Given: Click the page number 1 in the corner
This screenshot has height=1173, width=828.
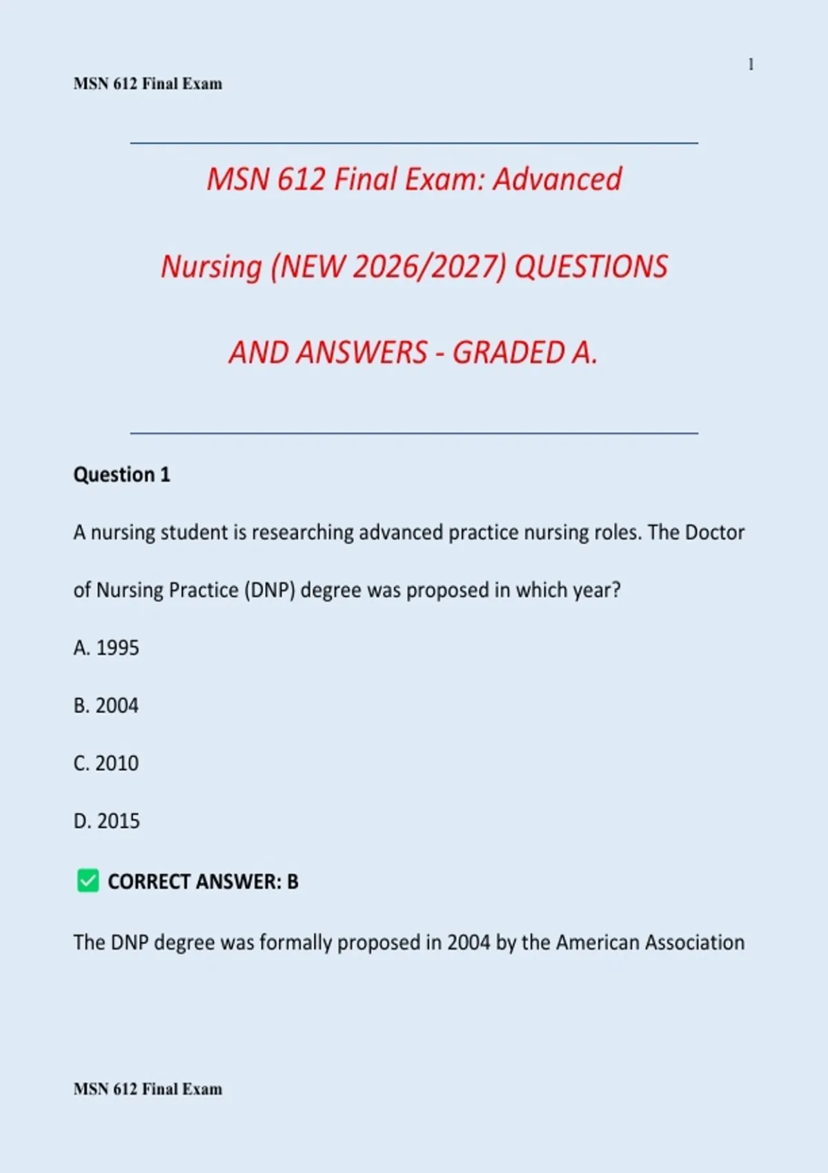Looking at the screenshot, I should pyautogui.click(x=751, y=65).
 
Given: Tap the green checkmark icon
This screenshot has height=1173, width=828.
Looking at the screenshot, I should pyautogui.click(x=88, y=880).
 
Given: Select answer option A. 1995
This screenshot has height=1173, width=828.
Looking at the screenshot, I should pyautogui.click(x=106, y=648).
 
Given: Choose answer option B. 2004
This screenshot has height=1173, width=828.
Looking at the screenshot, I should pyautogui.click(x=106, y=706).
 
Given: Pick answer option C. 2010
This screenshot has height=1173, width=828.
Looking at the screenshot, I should pyautogui.click(x=106, y=763).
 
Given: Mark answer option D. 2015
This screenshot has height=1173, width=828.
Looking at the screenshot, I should pyautogui.click(x=107, y=821).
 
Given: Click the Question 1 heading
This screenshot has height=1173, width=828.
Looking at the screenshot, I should pyautogui.click(x=121, y=475).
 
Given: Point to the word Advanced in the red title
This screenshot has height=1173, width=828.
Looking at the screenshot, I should pyautogui.click(x=557, y=179).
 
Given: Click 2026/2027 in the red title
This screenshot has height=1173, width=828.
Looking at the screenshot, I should pyautogui.click(x=429, y=267).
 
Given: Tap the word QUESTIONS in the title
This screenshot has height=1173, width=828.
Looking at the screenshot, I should pyautogui.click(x=591, y=267).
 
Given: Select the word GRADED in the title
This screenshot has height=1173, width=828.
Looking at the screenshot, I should pyautogui.click(x=509, y=353).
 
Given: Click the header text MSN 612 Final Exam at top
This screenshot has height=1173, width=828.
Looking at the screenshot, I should pyautogui.click(x=148, y=84).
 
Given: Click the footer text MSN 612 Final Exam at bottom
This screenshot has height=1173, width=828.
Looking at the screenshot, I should pyautogui.click(x=148, y=1090).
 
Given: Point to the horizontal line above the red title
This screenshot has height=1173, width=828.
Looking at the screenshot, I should pyautogui.click(x=414, y=144).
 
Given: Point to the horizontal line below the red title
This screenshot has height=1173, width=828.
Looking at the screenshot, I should pyautogui.click(x=414, y=433).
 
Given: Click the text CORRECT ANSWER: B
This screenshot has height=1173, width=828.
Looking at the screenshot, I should pyautogui.click(x=203, y=882).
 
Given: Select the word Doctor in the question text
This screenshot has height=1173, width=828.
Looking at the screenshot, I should pyautogui.click(x=715, y=533).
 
